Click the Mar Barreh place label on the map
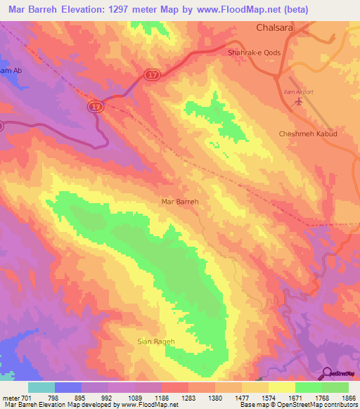tap(181, 202)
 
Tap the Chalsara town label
tap(277, 29)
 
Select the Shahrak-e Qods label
tap(255, 53)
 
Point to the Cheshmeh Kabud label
tap(308, 134)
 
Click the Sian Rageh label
tap(155, 342)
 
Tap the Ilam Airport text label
tap(293, 92)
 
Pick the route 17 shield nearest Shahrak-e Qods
tap(153, 74)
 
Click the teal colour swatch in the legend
tap(41, 387)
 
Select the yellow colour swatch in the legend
tap(281, 387)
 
